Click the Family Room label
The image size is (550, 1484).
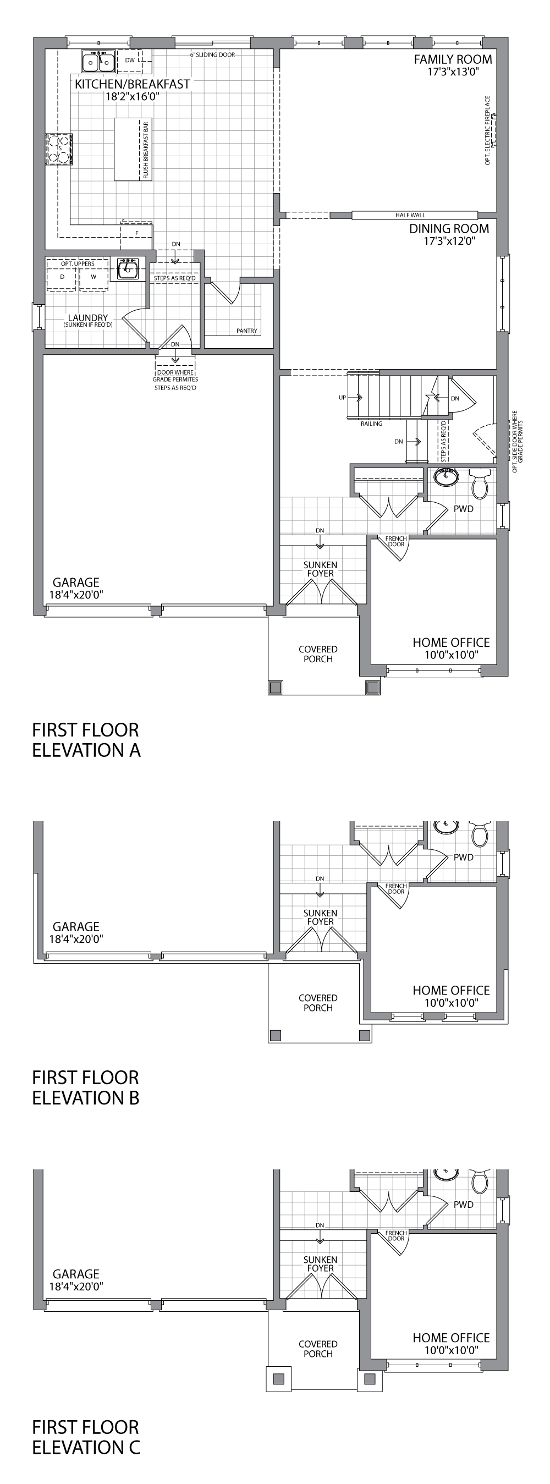pos(453,59)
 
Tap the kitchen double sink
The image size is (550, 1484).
pos(98,61)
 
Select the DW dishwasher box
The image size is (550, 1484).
pos(130,60)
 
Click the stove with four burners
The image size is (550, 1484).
pos(60,149)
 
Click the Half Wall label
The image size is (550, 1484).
pos(410,215)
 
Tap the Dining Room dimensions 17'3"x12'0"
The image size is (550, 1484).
pos(449,241)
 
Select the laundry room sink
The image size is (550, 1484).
pos(128,268)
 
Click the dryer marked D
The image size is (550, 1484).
pos(62,277)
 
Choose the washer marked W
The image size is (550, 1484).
pos(94,277)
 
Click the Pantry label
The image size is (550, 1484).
pos(246,331)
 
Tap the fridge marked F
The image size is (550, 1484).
pos(136,233)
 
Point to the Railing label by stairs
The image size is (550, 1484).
pos(371,424)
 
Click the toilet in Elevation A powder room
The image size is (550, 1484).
pos(480,483)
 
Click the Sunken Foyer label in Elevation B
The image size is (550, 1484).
pos(320,916)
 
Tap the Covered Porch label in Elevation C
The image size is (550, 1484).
pos(318,1349)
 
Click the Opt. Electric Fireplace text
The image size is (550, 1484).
pos(487,131)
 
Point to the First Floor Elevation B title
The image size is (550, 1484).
pos(85,1087)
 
